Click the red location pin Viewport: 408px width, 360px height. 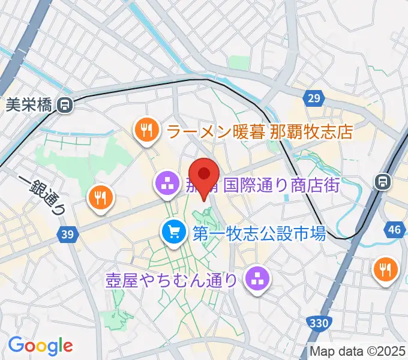pyautogui.click(x=204, y=175)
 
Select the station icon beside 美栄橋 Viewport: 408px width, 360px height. pyautogui.click(x=64, y=106)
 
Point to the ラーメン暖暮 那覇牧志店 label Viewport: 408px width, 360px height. pyautogui.click(x=259, y=131)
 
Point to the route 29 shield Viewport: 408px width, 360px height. pyautogui.click(x=313, y=97)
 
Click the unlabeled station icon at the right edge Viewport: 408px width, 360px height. pyautogui.click(x=382, y=181)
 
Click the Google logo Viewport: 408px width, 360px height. pyautogui.click(x=40, y=345)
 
